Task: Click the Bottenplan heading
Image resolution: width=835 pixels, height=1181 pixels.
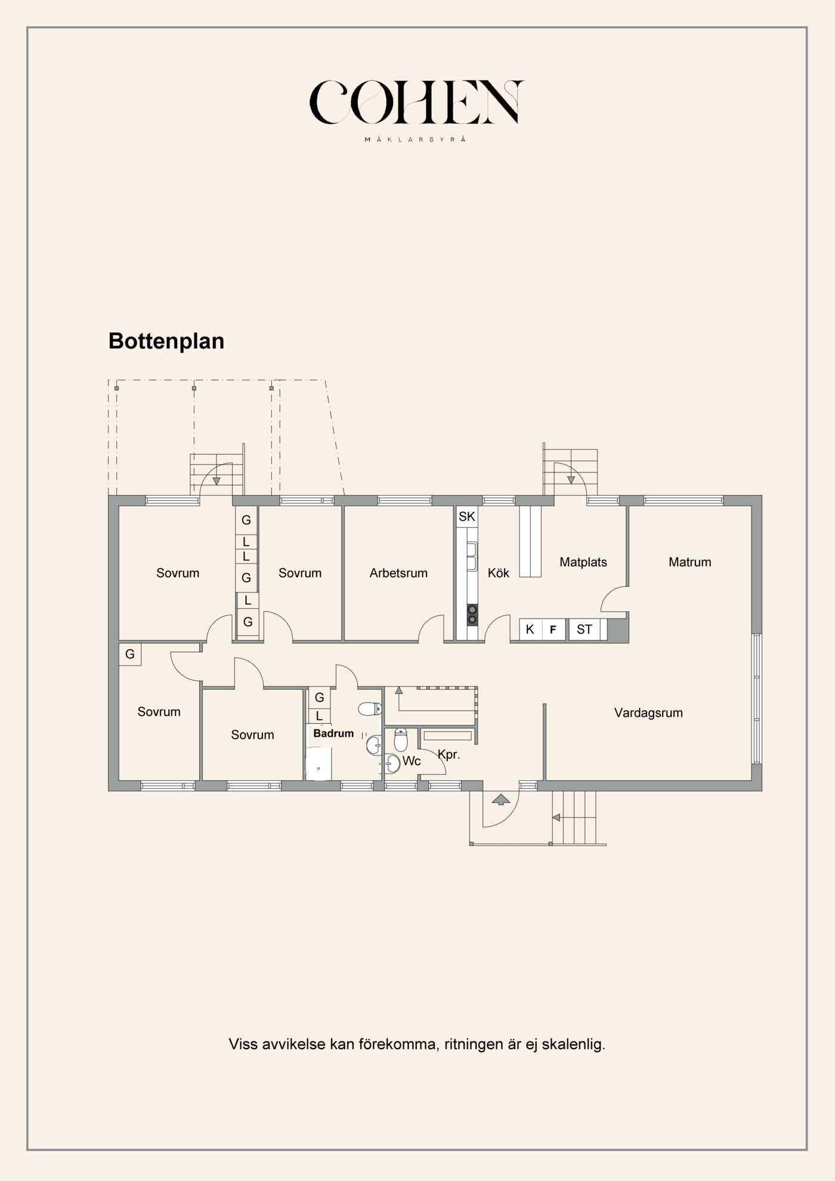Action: (x=166, y=341)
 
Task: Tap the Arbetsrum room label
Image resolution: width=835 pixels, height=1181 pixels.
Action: (x=398, y=573)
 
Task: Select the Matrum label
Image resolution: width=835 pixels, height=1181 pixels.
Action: (x=690, y=562)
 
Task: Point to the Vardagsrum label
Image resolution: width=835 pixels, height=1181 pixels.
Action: (x=648, y=713)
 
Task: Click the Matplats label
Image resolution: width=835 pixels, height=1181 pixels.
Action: (x=583, y=562)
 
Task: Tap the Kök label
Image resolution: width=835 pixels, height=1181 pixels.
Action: (x=499, y=573)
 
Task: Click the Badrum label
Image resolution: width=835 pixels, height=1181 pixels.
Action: (x=333, y=734)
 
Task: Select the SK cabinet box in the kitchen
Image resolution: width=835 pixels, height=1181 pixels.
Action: (x=467, y=517)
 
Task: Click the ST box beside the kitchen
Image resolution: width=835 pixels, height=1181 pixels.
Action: (x=584, y=629)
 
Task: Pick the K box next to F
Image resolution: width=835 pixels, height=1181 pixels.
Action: (x=530, y=629)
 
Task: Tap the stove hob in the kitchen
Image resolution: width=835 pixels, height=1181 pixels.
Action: (x=472, y=615)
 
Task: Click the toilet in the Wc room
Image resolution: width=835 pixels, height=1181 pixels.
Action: (x=401, y=740)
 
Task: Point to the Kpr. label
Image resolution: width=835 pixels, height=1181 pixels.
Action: (x=449, y=755)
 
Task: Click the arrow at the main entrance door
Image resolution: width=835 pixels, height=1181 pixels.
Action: (x=501, y=799)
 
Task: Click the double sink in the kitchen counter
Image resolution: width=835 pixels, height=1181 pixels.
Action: (x=472, y=557)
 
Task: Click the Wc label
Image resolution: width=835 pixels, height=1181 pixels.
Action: (x=412, y=761)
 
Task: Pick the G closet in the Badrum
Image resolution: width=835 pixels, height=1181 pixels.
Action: (x=320, y=697)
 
